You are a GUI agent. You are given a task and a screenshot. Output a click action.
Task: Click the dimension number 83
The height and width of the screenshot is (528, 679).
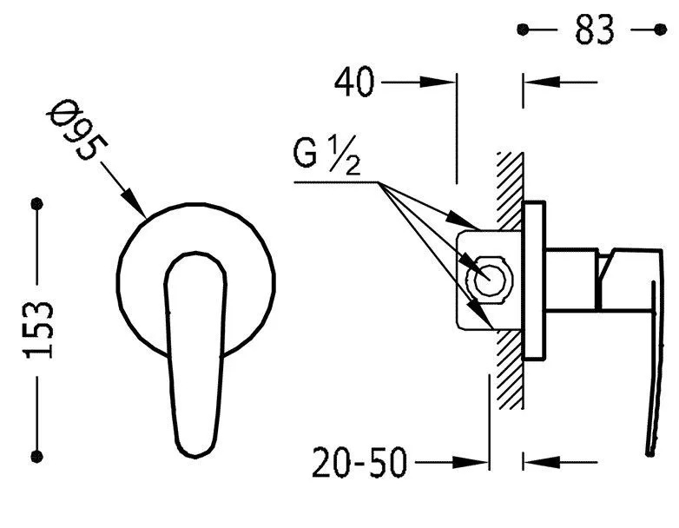pos(595,30)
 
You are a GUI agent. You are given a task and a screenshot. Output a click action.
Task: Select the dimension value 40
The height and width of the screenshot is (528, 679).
pos(353,82)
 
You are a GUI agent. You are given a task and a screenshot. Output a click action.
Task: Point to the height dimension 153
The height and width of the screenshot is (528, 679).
pos(38,330)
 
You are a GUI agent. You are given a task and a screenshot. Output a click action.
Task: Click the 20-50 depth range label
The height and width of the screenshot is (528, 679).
pos(359,462)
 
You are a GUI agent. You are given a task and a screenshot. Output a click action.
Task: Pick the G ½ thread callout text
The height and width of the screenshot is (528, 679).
pos(327,155)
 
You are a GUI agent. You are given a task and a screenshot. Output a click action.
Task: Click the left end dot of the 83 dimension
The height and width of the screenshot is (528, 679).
pos(523,30)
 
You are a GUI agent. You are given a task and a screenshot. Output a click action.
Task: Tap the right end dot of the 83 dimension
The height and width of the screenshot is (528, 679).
pos(661,30)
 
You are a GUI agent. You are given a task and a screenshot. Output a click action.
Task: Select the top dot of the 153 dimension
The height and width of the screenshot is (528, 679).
pos(37,203)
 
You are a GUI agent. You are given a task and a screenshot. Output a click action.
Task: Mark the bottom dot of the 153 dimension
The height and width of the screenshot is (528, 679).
pos(37,456)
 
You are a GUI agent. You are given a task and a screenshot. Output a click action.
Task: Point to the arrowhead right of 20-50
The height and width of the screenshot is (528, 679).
pos(471,462)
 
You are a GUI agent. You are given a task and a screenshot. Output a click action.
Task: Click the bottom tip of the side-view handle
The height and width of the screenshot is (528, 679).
pos(649,453)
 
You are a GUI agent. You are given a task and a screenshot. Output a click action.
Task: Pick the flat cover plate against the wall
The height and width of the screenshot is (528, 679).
pos(534,280)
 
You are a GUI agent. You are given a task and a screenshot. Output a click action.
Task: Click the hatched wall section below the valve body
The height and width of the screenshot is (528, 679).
pos(510,369)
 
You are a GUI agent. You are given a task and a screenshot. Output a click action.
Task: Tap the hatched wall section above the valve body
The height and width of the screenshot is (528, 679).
pos(511,190)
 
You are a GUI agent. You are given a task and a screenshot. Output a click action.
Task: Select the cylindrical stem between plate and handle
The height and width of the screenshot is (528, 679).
pos(571,280)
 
